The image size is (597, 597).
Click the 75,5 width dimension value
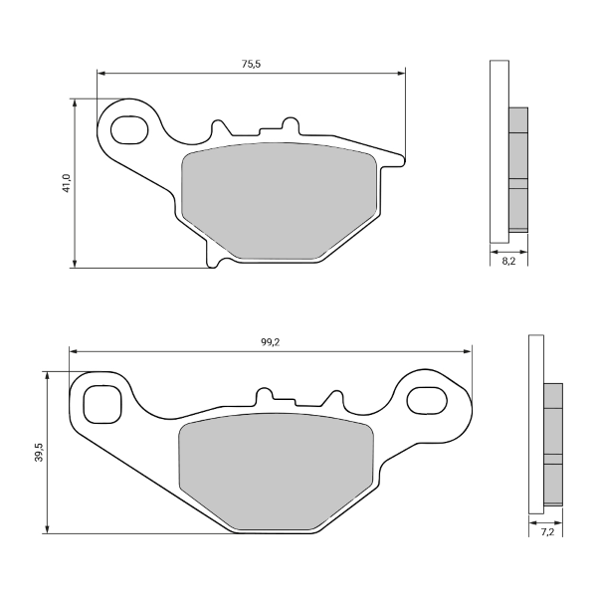pyautogui.click(x=251, y=64)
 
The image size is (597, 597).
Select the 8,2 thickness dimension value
pyautogui.click(x=508, y=260)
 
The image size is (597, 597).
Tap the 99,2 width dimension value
pyautogui.click(x=269, y=341)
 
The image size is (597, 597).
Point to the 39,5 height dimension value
pyautogui.click(x=38, y=452)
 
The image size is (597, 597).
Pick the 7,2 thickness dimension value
pyautogui.click(x=545, y=533)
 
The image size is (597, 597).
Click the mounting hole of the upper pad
pyautogui.click(x=126, y=129)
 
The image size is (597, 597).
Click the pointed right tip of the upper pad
pyautogui.click(x=405, y=156)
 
